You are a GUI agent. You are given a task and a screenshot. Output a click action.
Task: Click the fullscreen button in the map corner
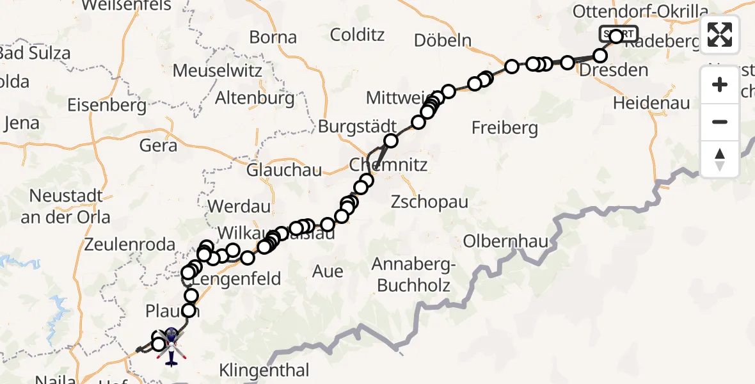[720, 35]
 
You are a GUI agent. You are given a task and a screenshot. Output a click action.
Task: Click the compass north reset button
[720, 159]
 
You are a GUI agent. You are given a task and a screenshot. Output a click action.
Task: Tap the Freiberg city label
[505, 128]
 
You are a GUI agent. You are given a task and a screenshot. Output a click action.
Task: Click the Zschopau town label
[431, 202]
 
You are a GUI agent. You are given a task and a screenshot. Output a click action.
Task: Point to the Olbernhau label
[505, 242]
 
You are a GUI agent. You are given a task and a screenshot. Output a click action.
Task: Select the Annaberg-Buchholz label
[413, 275]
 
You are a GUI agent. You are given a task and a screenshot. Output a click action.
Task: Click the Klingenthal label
[264, 370]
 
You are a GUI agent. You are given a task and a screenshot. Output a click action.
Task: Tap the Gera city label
[159, 145]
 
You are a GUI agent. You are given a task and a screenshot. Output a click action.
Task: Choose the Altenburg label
[255, 99]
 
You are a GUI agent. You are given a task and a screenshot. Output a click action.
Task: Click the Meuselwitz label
[218, 69]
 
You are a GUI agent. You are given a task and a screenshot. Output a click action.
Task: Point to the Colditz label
[358, 35]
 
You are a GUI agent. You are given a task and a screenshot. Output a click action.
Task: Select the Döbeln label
[443, 40]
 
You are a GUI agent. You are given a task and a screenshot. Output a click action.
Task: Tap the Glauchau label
[285, 171]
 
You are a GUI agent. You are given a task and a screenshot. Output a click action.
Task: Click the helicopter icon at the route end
[172, 346]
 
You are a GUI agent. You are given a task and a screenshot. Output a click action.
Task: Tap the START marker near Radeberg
[619, 34]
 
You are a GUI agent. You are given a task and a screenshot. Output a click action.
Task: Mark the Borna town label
[273, 37]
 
